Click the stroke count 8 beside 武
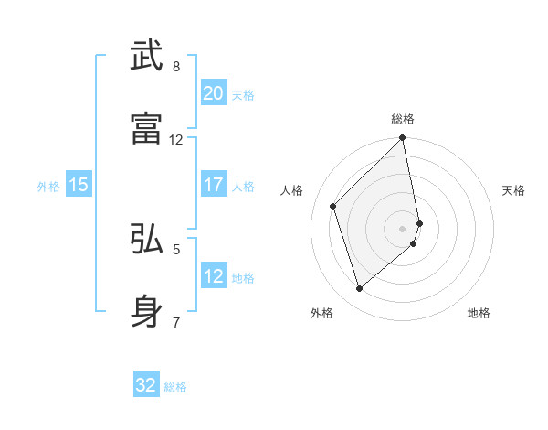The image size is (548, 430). [176, 67]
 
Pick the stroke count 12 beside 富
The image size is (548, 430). [176, 140]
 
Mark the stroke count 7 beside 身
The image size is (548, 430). [176, 322]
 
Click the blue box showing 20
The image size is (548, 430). [213, 93]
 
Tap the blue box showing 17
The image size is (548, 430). [213, 185]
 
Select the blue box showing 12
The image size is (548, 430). [213, 276]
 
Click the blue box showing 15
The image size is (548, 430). [79, 185]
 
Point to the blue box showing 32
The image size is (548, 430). [146, 385]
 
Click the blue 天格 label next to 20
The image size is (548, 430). [243, 95]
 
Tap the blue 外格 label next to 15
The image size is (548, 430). [48, 187]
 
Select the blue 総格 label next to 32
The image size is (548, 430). [175, 387]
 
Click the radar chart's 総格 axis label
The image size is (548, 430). [403, 119]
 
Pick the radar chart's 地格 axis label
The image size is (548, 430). [479, 314]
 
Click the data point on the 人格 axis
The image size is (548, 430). [333, 206]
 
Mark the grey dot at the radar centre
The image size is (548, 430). [403, 228]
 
